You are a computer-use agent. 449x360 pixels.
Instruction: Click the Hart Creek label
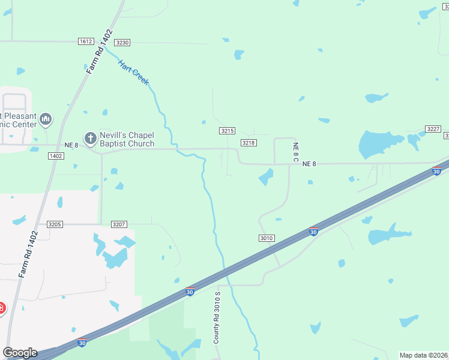point(133,72)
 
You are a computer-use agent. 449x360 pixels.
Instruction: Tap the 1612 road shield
point(86,41)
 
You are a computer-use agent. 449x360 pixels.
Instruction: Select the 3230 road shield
point(122,43)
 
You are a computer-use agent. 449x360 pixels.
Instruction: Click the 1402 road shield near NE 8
point(56,156)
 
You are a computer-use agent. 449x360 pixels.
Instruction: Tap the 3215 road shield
point(227,131)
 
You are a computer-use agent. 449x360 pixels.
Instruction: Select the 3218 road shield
point(249,143)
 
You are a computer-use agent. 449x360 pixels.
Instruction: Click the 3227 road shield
point(433,129)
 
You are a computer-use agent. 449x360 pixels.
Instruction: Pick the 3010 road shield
point(267,238)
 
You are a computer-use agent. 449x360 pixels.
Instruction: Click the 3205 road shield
point(55,224)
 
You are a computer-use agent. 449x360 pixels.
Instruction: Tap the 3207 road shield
point(119,224)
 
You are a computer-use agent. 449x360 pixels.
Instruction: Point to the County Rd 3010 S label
point(217,317)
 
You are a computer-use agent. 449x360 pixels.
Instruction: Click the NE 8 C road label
point(295,152)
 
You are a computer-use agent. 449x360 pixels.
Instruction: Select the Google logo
point(20,353)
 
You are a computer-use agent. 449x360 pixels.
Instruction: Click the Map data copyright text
point(424,355)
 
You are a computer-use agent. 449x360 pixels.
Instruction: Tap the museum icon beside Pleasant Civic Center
point(46,120)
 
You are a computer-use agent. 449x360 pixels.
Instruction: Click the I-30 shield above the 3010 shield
point(313,231)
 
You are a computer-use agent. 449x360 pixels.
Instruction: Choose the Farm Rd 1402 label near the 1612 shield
point(100,52)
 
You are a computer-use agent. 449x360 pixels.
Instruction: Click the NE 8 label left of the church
point(71,145)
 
